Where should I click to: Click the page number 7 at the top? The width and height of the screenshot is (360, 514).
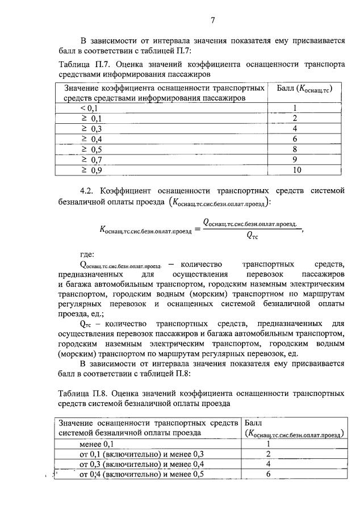coord(212,21)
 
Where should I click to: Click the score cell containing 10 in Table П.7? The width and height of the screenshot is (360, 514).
coord(295,170)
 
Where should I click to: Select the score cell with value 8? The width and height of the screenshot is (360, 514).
coord(295,149)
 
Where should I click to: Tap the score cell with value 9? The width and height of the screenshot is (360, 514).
coord(295,160)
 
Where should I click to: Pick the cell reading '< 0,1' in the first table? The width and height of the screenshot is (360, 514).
coord(89,108)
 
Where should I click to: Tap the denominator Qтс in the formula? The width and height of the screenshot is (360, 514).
coord(252,237)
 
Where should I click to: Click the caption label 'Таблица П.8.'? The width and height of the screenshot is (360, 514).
coord(83,393)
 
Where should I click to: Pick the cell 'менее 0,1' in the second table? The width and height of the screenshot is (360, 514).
coord(97,444)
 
